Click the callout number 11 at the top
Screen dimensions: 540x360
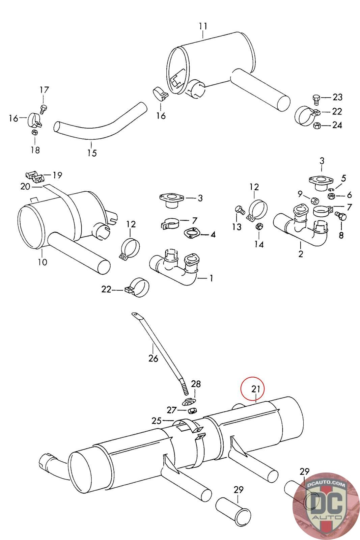coord(203,26)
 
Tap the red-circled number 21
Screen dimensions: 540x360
coord(256,389)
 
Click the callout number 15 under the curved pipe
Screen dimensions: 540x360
coord(92,153)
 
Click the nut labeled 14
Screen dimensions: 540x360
coord(259,226)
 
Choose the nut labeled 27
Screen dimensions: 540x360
coord(191,410)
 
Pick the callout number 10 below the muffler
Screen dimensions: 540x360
coord(43,262)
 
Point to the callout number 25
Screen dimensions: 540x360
coord(157,421)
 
